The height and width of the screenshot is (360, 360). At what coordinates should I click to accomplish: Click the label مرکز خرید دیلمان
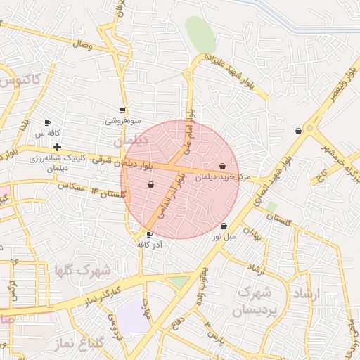[x=224, y=177]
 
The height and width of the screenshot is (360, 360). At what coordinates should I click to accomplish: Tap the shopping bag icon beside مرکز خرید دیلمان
[x=223, y=167]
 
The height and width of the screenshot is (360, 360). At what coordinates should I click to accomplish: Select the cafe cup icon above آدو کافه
[x=149, y=234]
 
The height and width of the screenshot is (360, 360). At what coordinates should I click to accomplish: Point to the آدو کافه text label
[x=152, y=244]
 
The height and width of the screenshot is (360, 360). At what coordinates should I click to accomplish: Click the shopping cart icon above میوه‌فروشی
[x=123, y=110]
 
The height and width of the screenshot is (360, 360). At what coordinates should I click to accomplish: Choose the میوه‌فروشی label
[x=123, y=120]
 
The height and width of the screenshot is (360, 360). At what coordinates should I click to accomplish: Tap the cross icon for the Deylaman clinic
[x=57, y=147]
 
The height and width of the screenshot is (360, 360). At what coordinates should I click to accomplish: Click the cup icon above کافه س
[x=48, y=122]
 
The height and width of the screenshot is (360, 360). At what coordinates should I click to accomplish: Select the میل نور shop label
[x=227, y=237]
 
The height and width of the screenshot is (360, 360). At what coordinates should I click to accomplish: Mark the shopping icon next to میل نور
[x=224, y=226]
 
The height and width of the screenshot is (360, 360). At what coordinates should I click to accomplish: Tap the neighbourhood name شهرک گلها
[x=91, y=270]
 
